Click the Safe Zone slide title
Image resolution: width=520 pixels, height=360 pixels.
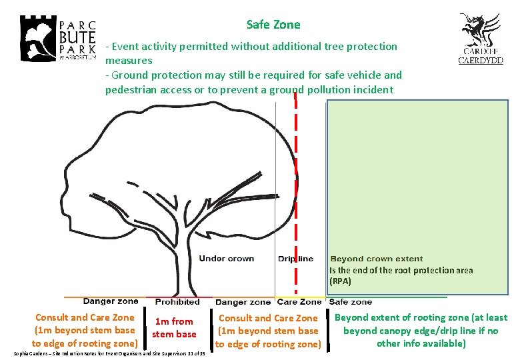pos(273,25)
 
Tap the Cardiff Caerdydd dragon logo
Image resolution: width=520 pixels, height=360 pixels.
pos(480,38)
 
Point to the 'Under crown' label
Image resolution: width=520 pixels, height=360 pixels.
pos(227,259)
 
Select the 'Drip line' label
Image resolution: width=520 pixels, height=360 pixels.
pos(295,259)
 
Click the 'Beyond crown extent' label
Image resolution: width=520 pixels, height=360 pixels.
pos(377,259)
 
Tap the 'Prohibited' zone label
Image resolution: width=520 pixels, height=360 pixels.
pos(177,302)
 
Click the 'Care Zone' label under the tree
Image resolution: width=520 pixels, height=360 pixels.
pos(299,302)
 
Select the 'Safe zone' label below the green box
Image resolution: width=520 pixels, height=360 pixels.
pos(351,302)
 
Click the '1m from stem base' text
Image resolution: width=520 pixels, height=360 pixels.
pos(173,327)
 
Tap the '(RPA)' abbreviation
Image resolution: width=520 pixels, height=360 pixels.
pos(340,281)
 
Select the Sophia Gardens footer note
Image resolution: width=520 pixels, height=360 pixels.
pos(110,353)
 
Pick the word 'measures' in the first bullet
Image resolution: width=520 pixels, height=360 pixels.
pos(129,61)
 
